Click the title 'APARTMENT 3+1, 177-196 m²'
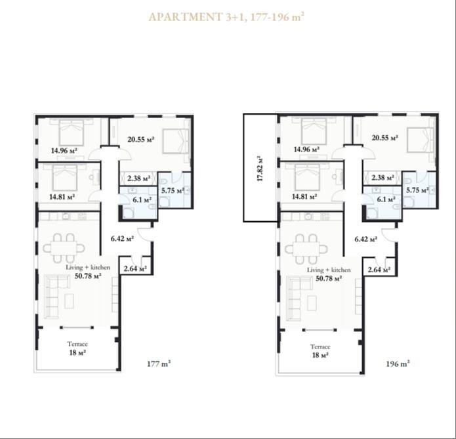point(226,17)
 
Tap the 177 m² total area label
point(159,364)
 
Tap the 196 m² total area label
point(398,364)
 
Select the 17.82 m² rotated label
point(260,169)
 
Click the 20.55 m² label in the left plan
point(141,139)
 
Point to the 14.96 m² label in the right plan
point(306,150)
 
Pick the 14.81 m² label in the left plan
point(62,197)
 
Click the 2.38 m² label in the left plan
point(138,178)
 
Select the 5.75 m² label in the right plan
point(417,190)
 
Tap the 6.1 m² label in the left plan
point(142,200)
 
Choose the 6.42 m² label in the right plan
point(366,239)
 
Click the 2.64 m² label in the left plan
point(135,268)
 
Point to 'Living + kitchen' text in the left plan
point(88,267)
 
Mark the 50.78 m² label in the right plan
point(329,278)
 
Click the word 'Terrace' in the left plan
point(77,344)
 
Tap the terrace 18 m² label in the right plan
point(320,355)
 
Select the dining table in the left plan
point(64,248)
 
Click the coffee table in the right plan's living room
point(312,303)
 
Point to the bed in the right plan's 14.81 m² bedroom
point(307,177)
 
